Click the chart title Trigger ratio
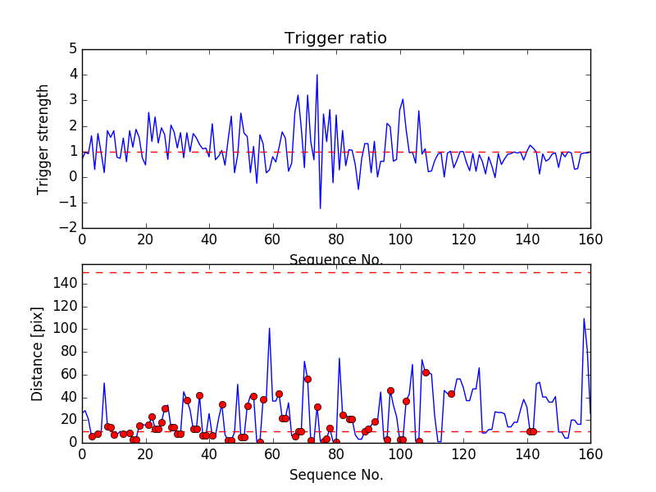pyautogui.click(x=335, y=39)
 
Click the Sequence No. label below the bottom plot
pyautogui.click(x=335, y=475)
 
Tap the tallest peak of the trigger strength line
pyautogui.click(x=317, y=75)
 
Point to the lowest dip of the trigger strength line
pyautogui.click(x=320, y=208)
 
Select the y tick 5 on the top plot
pyautogui.click(x=71, y=49)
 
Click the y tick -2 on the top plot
pyautogui.click(x=69, y=228)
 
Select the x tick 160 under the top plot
pyautogui.click(x=590, y=239)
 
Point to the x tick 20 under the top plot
pyautogui.click(x=145, y=239)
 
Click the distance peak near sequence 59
pyautogui.click(x=270, y=328)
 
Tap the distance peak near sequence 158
pyautogui.click(x=584, y=318)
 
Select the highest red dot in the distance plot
pyautogui.click(x=426, y=372)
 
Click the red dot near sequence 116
pyautogui.click(x=451, y=394)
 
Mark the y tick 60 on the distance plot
pyautogui.click(x=67, y=374)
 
